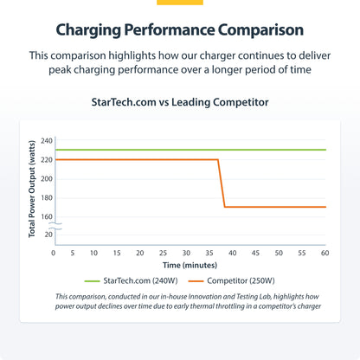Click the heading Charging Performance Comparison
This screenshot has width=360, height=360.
click(180, 29)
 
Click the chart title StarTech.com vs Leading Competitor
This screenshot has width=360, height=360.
click(180, 102)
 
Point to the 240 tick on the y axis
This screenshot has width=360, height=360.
click(47, 140)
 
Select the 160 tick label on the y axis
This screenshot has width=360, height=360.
click(47, 216)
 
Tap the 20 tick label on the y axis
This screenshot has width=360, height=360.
click(49, 235)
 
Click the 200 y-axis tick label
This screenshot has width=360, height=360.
click(47, 178)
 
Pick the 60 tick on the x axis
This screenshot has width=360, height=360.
click(325, 254)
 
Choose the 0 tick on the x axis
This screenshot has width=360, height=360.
click(54, 254)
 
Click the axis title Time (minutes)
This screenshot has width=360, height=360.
click(188, 265)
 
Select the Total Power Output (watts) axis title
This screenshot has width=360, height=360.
click(32, 188)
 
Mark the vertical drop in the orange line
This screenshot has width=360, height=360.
click(222, 183)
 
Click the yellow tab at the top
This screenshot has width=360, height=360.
click(180, 3)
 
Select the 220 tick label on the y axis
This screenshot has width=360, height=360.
click(47, 159)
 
